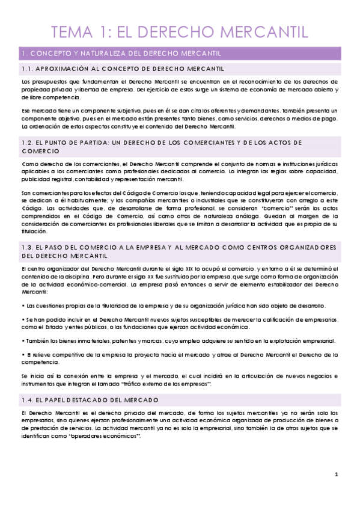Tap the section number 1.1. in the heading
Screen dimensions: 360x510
pos(28,69)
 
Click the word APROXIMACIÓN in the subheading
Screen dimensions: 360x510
pos(65,69)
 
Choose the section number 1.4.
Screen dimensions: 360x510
pos(28,399)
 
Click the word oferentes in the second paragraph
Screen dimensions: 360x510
pos(194,111)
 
